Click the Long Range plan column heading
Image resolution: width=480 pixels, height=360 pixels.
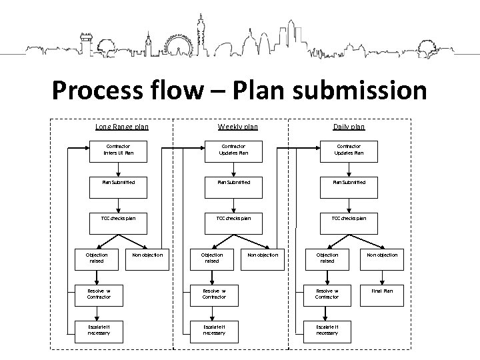point(122,127)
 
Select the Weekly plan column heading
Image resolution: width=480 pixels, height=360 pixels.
point(237,127)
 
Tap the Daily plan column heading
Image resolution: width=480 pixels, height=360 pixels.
point(349,127)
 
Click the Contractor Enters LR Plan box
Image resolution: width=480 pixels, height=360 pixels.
point(118,149)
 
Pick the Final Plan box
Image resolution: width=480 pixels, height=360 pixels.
point(383,291)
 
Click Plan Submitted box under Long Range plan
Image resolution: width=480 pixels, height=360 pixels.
point(118,182)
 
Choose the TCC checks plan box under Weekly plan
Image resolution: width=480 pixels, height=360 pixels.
point(233,218)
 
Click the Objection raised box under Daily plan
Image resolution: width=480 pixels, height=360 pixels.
point(327,258)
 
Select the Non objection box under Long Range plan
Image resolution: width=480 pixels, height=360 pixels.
point(147,255)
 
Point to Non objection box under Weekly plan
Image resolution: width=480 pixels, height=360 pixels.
point(263,255)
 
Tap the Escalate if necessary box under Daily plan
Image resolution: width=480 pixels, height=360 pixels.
point(327,329)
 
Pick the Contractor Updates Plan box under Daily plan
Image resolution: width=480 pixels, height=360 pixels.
point(349,149)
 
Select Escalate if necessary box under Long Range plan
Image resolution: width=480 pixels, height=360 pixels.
point(99,329)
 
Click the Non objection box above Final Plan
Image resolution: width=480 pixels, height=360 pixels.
point(383,255)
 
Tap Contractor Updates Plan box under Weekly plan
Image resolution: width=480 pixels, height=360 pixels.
point(233,149)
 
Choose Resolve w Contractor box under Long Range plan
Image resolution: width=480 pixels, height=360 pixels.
point(99,294)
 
